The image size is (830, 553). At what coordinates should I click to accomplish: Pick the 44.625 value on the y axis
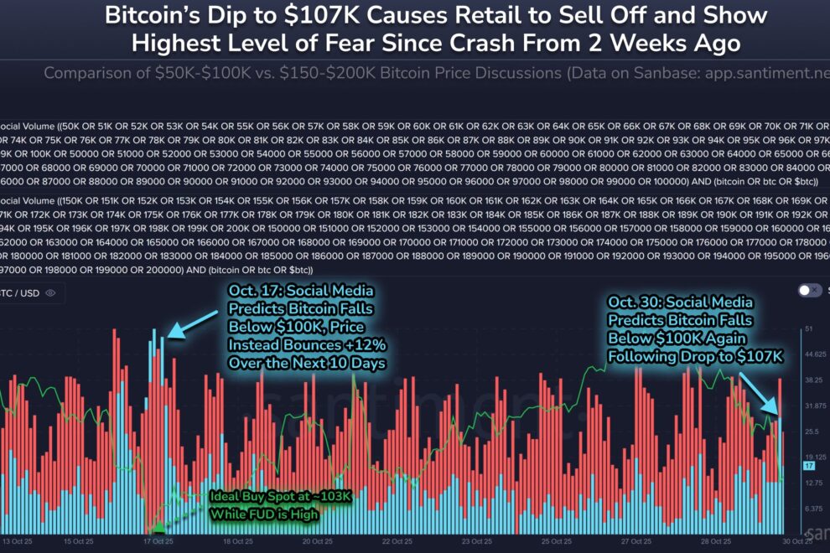click(x=815, y=354)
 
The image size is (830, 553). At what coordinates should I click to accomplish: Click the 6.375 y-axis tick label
click(x=814, y=509)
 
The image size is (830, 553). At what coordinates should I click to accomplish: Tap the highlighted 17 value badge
click(x=809, y=465)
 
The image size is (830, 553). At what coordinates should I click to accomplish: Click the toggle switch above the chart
click(x=810, y=291)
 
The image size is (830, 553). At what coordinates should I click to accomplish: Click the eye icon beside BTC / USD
click(x=50, y=293)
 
